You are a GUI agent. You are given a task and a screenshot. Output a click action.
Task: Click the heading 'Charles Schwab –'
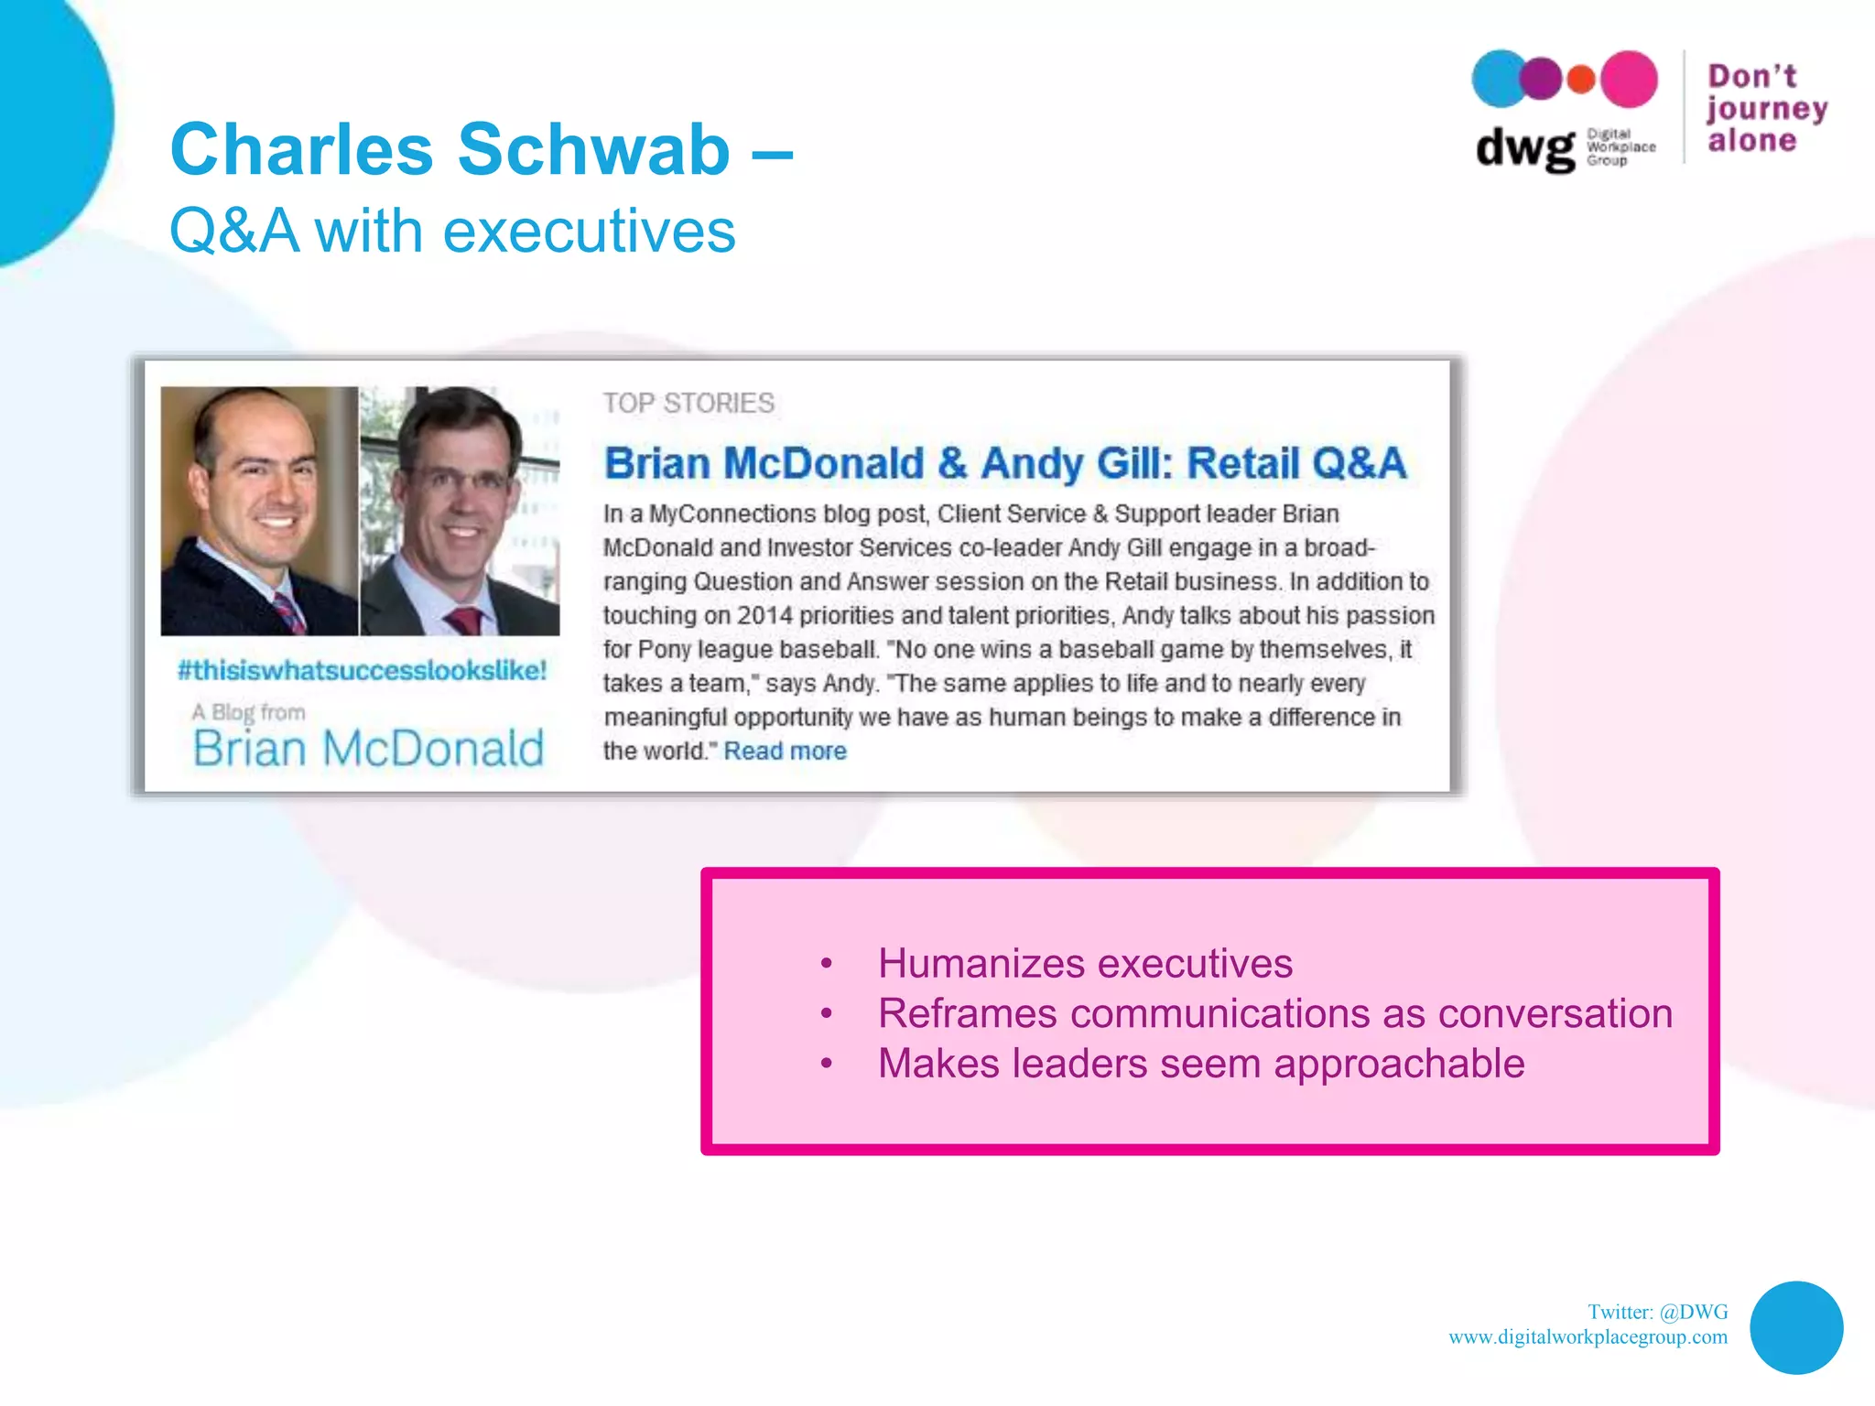click(x=481, y=149)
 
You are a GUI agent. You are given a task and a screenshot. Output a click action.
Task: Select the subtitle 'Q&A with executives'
click(x=452, y=231)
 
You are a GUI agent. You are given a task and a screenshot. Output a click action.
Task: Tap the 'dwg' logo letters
click(x=1524, y=147)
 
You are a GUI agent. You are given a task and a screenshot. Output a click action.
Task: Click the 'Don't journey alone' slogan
click(x=1765, y=108)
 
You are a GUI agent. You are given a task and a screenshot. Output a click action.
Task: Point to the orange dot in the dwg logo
click(x=1581, y=80)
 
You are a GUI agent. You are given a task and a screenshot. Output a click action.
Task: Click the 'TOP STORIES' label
click(x=688, y=403)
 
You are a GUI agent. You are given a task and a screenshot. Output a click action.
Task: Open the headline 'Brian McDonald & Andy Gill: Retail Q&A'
click(x=1004, y=463)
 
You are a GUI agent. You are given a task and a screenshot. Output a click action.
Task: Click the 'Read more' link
click(x=785, y=752)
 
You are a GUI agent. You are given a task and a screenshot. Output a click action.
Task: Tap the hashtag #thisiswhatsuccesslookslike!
click(x=362, y=670)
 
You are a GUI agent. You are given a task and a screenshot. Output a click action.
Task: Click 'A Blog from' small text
click(x=248, y=712)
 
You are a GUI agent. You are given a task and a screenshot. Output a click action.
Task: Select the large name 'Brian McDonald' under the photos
click(x=368, y=749)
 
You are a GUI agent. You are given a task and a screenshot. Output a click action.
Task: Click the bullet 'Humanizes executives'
click(x=1085, y=963)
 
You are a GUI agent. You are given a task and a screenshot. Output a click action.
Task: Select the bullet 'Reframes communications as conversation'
click(x=1274, y=1013)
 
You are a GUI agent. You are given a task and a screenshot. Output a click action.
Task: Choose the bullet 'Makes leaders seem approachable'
click(x=1201, y=1064)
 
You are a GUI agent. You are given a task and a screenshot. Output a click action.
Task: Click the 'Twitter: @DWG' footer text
click(x=1657, y=1312)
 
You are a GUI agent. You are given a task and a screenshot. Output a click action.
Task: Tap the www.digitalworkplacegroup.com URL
click(x=1588, y=1337)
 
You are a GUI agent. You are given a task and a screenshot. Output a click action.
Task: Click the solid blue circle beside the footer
click(x=1795, y=1327)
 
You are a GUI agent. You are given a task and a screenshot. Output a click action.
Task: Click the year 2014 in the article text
click(x=764, y=615)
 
